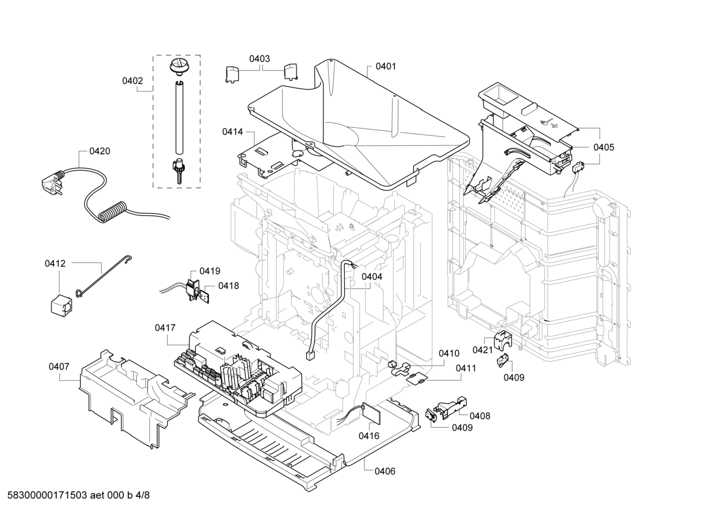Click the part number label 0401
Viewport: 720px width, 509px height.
pos(385,66)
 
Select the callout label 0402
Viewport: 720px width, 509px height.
pos(132,81)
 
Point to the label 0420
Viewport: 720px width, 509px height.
pos(100,151)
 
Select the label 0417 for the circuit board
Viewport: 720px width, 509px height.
pos(165,328)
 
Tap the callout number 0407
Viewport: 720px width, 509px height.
pos(59,367)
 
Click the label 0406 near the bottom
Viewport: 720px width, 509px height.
pos(385,472)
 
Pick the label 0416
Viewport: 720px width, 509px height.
pos(369,436)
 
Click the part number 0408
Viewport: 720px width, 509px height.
pos(480,416)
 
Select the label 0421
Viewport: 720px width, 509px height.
pos(483,350)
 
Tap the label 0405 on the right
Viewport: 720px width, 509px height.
pos(604,147)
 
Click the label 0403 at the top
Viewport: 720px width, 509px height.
pos(260,59)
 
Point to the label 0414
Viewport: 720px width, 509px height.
pos(233,132)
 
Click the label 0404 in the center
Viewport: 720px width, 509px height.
pos(372,277)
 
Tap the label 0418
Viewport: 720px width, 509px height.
pos(229,286)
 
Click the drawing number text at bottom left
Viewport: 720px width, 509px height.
pos(78,495)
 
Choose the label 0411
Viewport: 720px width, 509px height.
pos(466,369)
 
